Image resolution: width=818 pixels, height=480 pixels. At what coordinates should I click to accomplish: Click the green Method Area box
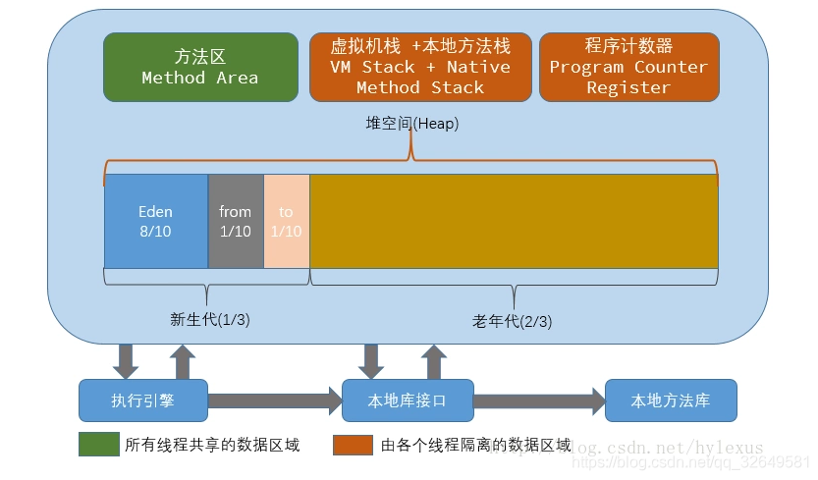pos(200,67)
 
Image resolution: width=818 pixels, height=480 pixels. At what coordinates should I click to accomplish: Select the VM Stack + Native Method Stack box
pos(420,67)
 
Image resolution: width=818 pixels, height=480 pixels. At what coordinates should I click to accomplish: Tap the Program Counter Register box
pos(628,67)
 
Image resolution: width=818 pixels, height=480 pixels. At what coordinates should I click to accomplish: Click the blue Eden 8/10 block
pos(155,221)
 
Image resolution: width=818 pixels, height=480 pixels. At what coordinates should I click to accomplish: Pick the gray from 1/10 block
pos(236,221)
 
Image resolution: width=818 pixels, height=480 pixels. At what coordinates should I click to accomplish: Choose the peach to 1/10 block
pos(287,221)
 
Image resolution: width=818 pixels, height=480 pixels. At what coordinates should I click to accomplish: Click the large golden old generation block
pos(514,221)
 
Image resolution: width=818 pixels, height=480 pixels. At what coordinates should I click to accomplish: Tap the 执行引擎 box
pos(143,400)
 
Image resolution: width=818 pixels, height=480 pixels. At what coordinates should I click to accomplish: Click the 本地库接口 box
pos(407,400)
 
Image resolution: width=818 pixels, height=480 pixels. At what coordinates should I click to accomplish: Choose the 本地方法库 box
pos(671,400)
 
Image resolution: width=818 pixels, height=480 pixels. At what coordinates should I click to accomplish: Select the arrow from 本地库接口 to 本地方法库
pos(539,400)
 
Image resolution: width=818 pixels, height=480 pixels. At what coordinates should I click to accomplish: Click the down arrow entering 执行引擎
pos(126,361)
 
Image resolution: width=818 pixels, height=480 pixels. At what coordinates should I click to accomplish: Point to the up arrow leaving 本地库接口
pos(434,361)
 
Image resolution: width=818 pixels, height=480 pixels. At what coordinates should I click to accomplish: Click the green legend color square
pos(98,445)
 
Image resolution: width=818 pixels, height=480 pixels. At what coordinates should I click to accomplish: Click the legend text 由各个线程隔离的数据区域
pos(476,445)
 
